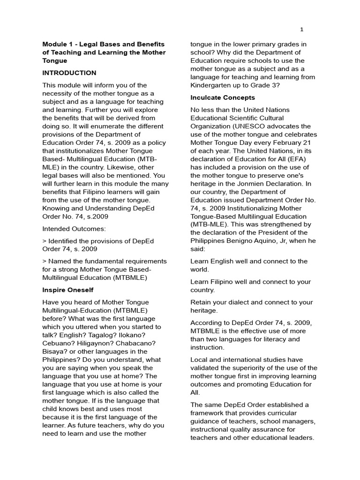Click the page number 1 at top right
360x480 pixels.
(x=302, y=30)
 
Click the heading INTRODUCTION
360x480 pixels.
(x=69, y=73)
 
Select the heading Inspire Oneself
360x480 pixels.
(x=69, y=290)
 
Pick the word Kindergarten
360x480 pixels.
(x=212, y=85)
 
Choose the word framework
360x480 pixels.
(x=210, y=413)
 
